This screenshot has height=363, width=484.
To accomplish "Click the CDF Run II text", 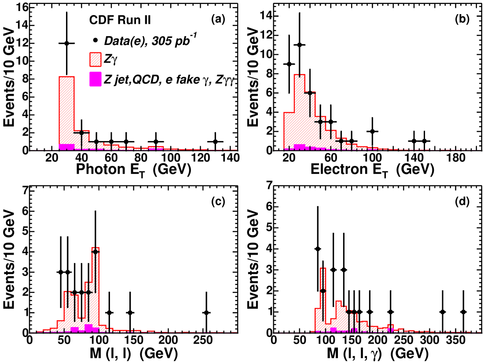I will click(x=114, y=20).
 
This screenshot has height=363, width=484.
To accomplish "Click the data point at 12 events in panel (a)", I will click(x=67, y=43).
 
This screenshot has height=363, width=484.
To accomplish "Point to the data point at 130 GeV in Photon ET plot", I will click(x=215, y=141).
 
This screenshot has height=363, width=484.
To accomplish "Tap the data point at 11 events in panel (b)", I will click(x=300, y=44).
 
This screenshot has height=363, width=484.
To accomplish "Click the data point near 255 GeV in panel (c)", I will click(x=206, y=312).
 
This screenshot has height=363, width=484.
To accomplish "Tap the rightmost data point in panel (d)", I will click(x=463, y=312).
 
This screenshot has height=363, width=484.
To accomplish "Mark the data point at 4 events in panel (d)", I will click(x=317, y=249).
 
